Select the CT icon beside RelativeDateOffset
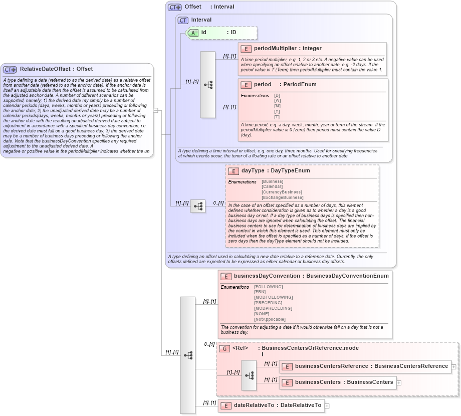click(x=10, y=70)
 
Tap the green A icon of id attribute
click(x=193, y=33)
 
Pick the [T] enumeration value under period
click(x=277, y=117)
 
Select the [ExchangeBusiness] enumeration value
click(x=282, y=197)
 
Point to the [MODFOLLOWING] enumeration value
click(x=273, y=297)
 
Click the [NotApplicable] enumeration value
click(x=270, y=319)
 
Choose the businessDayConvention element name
click(x=268, y=276)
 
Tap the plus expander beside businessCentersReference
click(x=453, y=366)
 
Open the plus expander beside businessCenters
click(x=399, y=382)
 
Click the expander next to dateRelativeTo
click(x=327, y=405)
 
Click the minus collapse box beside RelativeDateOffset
click(x=156, y=110)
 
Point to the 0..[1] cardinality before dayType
click(x=218, y=203)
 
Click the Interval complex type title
click(x=201, y=20)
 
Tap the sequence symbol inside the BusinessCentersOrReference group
click(x=249, y=375)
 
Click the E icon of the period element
click(x=246, y=85)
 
